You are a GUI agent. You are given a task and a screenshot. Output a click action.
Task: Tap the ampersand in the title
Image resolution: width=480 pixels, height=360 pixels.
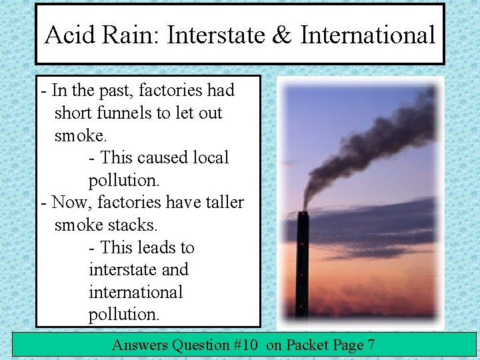pyautogui.click(x=281, y=35)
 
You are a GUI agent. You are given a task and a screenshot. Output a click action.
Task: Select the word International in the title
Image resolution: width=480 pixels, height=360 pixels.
pyautogui.click(x=367, y=35)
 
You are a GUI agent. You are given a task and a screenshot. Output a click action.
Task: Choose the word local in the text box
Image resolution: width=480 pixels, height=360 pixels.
pyautogui.click(x=211, y=158)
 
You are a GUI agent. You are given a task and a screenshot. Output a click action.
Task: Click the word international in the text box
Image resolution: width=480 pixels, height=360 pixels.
pyautogui.click(x=135, y=292)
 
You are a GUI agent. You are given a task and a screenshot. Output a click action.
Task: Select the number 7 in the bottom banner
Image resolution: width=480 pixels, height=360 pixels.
pyautogui.click(x=370, y=345)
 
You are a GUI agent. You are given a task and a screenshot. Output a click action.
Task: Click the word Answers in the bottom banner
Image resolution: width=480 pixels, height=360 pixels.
pyautogui.click(x=139, y=345)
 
